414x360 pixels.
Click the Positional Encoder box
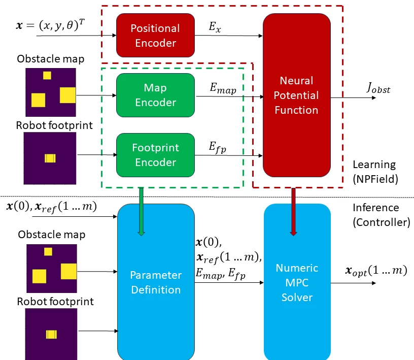point(155,36)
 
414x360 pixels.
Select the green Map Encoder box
point(155,95)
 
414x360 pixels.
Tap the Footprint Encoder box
point(155,155)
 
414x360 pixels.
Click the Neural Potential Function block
point(296,95)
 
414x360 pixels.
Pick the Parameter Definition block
point(156,282)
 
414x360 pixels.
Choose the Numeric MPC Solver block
point(297,282)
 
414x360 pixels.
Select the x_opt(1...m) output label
point(376,271)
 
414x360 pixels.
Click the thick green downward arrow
point(141,211)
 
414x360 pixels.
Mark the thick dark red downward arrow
point(293,211)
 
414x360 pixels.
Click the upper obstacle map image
point(50,92)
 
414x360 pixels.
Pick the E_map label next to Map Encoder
point(223,88)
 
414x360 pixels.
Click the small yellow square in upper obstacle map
point(47,76)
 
